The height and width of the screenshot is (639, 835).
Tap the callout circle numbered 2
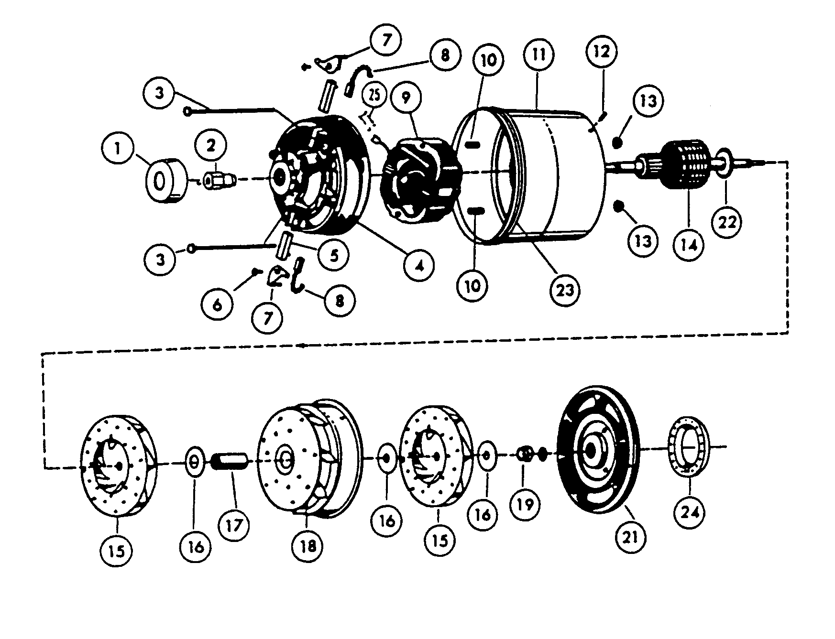point(211,147)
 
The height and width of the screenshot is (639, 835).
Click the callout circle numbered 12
point(601,52)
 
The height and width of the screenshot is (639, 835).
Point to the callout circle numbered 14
point(688,245)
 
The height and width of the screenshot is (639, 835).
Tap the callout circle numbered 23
point(565,290)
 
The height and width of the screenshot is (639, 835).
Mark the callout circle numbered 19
point(525,504)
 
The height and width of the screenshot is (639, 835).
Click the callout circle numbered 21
point(629,537)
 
